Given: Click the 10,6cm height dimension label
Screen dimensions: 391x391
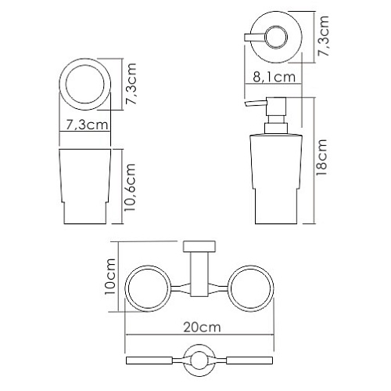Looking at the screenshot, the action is (x=131, y=187).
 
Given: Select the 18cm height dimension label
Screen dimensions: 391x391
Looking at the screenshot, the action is (x=321, y=157).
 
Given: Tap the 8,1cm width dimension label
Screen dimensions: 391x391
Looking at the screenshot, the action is (x=274, y=77).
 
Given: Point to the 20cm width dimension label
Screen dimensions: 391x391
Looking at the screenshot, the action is (x=203, y=328).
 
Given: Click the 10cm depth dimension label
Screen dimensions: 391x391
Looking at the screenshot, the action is (x=110, y=277).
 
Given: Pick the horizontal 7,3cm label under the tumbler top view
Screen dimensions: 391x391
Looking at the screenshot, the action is (x=87, y=125).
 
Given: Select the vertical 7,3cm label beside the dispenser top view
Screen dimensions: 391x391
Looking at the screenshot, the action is (x=324, y=36).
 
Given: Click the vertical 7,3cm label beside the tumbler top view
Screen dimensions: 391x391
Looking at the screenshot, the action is (x=131, y=84).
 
